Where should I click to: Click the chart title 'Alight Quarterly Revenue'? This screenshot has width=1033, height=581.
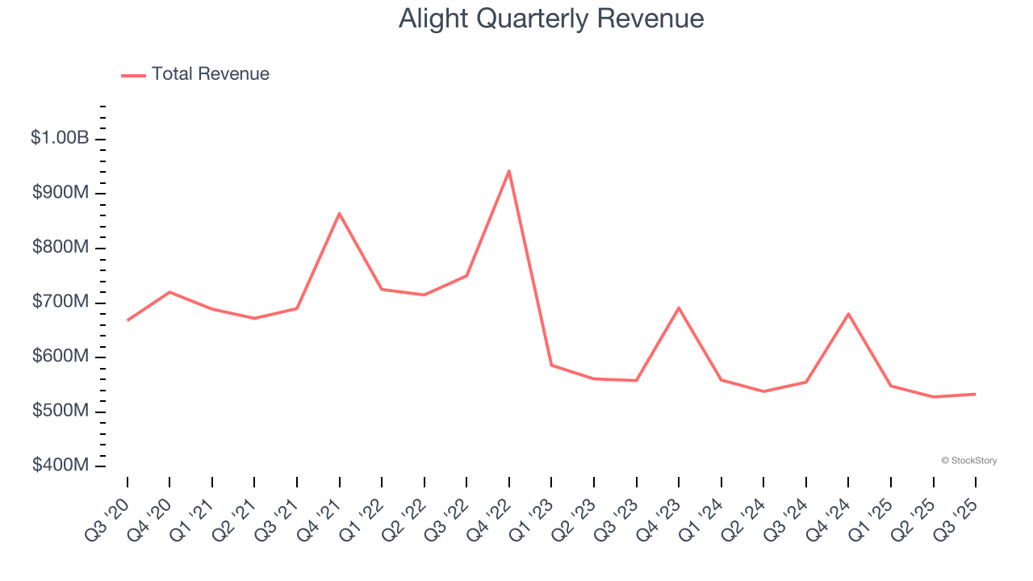tap(551, 19)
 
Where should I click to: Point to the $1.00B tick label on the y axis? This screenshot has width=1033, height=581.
tap(60, 138)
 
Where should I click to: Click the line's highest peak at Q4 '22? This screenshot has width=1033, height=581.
tap(509, 170)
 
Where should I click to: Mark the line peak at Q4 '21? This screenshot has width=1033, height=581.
tap(340, 213)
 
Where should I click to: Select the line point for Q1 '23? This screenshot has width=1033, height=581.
tap(551, 365)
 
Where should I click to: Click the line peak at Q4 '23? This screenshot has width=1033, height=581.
tap(679, 307)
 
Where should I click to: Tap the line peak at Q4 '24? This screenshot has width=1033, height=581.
tap(848, 313)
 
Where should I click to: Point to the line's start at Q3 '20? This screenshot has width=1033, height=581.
tap(128, 320)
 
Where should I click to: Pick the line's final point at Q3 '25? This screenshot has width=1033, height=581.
tap(975, 394)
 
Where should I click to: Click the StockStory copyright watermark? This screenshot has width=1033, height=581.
tap(968, 461)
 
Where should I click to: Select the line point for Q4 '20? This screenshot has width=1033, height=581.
tap(169, 291)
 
